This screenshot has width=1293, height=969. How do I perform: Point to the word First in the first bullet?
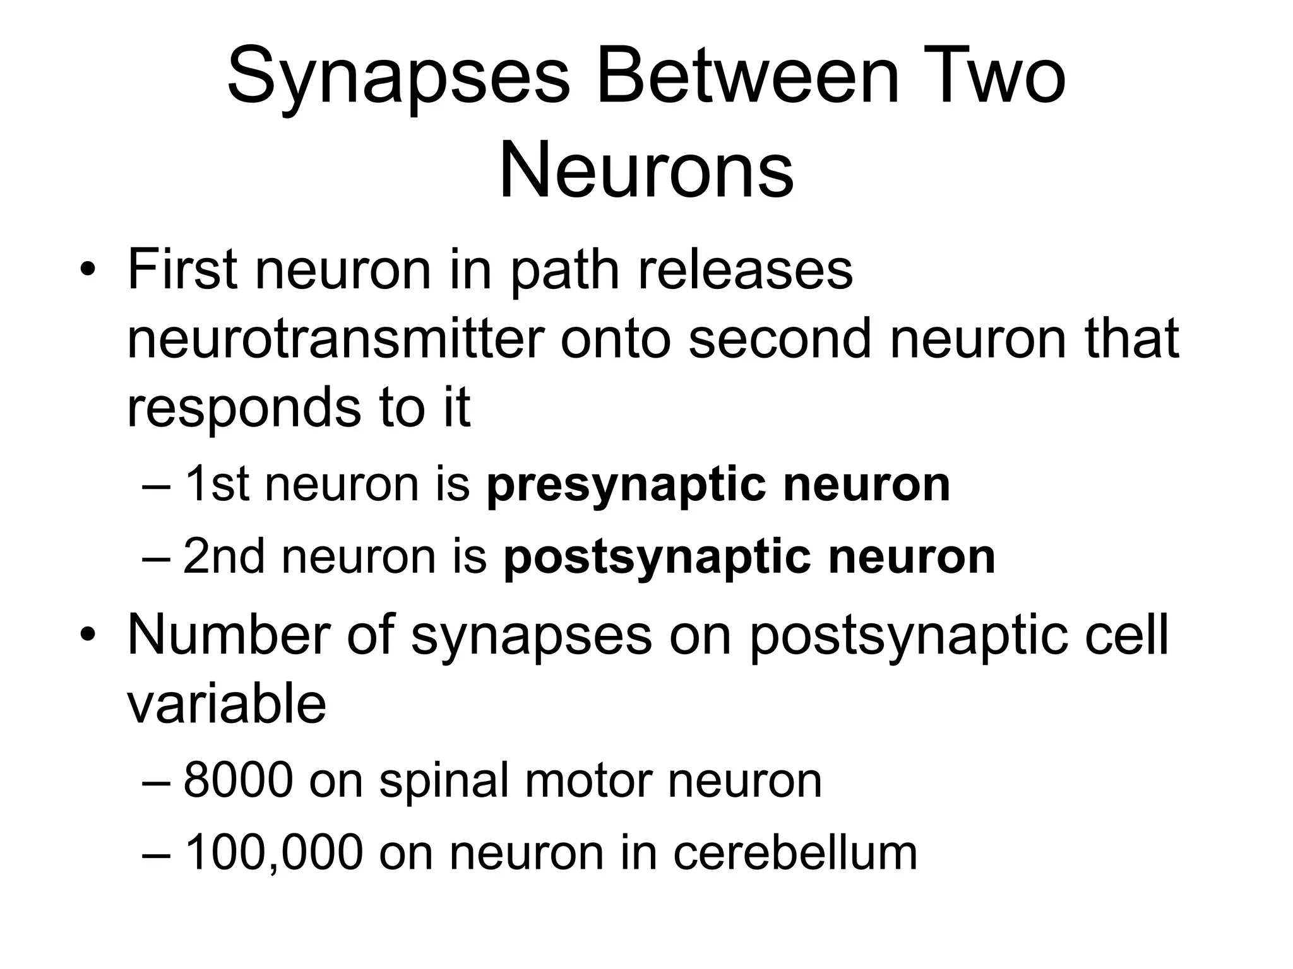coord(182,269)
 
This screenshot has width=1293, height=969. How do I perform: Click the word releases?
coord(746,269)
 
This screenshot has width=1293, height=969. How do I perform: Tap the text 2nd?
coord(224,557)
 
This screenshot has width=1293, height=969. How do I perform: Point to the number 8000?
coord(238,781)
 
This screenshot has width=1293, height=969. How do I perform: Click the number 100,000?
coord(273,853)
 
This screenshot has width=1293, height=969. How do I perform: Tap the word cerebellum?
coord(795,853)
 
